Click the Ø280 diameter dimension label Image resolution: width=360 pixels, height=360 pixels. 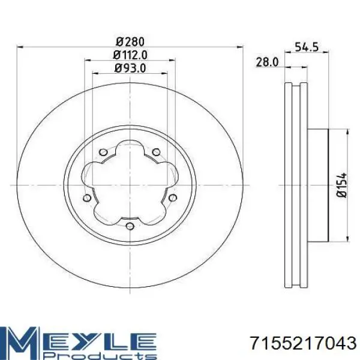click(130, 42)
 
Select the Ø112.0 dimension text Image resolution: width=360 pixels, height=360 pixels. click(130, 55)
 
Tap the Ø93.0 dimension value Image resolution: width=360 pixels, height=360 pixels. click(130, 68)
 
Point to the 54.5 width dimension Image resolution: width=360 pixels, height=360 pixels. click(307, 47)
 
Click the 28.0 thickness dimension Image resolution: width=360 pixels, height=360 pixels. click(267, 62)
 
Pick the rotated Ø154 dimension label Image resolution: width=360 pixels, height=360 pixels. click(341, 185)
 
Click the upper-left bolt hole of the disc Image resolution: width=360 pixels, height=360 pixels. click(103, 152)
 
